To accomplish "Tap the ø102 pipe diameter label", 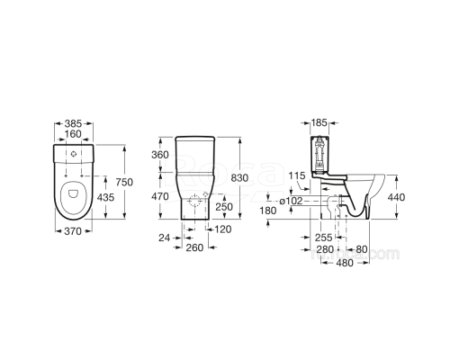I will click(292, 201).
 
